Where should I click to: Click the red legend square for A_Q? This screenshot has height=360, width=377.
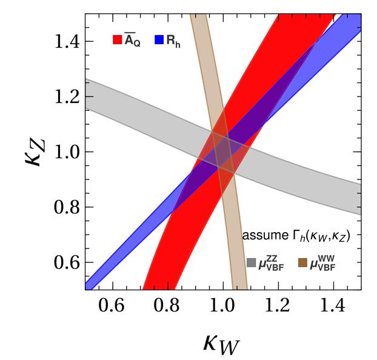pyautogui.click(x=118, y=41)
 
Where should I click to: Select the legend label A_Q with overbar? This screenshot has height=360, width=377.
pyautogui.click(x=132, y=40)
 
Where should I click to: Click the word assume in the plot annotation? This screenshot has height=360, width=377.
pyautogui.click(x=261, y=235)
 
